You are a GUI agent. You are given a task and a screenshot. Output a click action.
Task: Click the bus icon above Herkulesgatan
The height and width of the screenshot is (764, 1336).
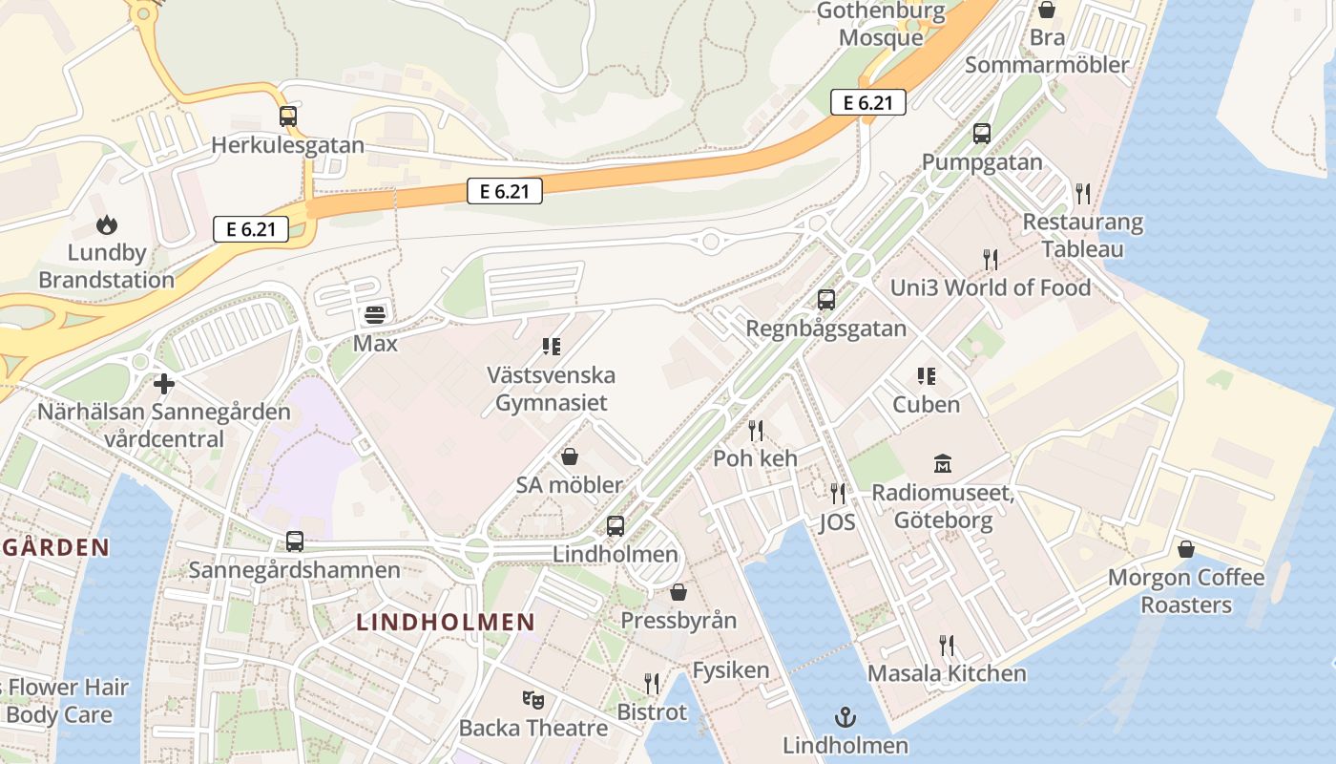287,117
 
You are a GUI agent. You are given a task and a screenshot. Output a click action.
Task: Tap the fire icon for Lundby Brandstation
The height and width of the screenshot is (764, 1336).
106,225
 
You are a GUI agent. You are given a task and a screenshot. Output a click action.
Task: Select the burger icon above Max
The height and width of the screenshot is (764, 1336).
375,314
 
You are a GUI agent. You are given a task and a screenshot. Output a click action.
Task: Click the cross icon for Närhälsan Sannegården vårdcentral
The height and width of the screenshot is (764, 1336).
164,384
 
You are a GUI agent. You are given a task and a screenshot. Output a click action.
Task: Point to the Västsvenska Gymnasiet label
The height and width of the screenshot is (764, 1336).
551,389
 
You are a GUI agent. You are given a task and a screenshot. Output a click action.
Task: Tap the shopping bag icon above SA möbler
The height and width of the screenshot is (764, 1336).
570,456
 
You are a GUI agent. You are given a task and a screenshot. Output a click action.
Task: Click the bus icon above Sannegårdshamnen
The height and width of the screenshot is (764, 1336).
294,541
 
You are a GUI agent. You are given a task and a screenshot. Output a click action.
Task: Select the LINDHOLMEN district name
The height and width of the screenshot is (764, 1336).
446,623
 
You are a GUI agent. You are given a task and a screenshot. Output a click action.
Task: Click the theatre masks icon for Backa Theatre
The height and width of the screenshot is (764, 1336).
532,700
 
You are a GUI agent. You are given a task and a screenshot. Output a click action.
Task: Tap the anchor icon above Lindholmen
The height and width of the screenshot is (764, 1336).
845,716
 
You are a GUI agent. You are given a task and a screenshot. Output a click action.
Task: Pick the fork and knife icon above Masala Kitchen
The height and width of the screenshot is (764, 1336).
947,645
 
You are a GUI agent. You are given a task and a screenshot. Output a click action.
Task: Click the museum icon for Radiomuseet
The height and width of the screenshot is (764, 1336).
943,465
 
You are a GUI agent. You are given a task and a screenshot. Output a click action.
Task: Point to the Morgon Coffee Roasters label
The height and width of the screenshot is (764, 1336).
1186,591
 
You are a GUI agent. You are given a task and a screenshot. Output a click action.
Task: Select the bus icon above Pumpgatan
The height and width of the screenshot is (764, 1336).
982,134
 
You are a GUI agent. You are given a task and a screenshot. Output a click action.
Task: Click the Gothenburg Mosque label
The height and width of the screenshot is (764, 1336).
881,25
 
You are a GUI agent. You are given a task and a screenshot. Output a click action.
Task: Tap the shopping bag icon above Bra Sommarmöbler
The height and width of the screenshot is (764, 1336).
1047,10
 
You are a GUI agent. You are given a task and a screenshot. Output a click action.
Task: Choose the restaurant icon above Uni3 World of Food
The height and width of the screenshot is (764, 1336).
991,259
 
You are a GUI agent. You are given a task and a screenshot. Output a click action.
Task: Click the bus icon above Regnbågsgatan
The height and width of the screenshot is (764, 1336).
826,300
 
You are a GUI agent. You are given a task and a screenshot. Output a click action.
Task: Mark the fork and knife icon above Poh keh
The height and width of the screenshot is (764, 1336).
756,430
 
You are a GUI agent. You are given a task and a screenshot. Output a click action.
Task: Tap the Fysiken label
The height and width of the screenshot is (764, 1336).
730,669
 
